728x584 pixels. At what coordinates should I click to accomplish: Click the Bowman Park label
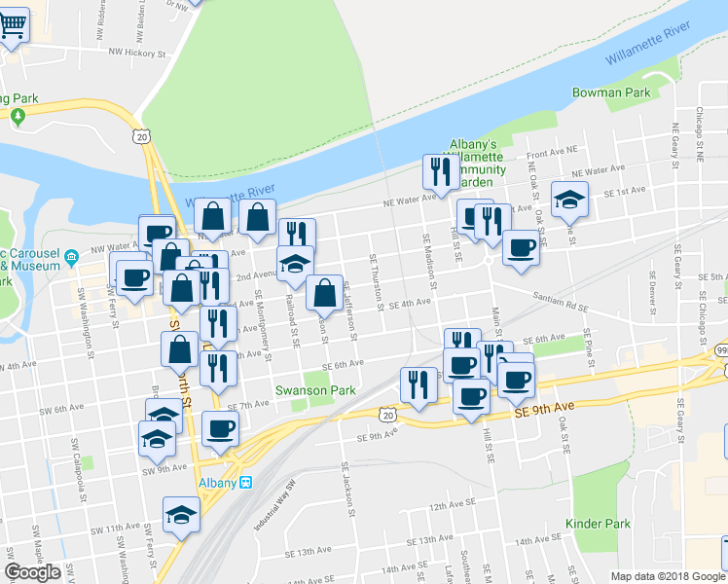(625, 92)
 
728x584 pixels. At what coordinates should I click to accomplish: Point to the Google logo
(32, 571)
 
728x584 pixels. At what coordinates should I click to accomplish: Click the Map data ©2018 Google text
(667, 576)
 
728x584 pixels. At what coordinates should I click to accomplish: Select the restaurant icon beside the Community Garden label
(440, 172)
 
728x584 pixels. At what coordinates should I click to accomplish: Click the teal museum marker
(71, 258)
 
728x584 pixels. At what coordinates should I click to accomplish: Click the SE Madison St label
(428, 261)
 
